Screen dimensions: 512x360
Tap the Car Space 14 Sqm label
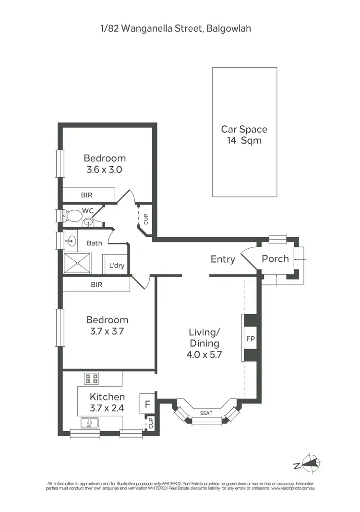(x=244, y=135)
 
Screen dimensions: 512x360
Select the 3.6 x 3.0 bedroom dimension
(x=105, y=170)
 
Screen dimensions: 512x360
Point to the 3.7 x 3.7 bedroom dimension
(x=107, y=331)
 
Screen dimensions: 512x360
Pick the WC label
(x=87, y=210)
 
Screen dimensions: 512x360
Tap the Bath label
(x=95, y=243)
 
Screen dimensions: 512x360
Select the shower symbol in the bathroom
(x=77, y=263)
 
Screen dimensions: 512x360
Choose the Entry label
(x=223, y=259)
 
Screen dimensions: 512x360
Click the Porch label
(x=275, y=259)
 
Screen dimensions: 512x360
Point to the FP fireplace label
(x=250, y=338)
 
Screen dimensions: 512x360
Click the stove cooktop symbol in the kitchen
(x=92, y=378)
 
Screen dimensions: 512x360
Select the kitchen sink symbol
(x=89, y=423)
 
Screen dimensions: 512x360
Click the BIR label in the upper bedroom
(x=86, y=195)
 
